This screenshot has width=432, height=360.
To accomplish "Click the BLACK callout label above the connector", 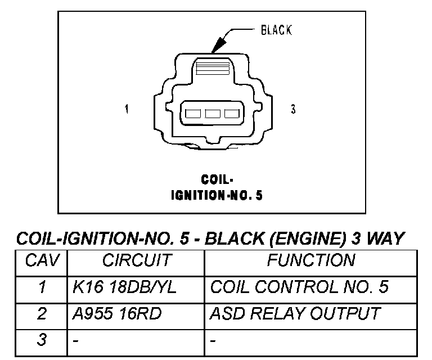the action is click(x=276, y=30).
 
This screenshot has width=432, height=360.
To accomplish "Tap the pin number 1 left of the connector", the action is click(x=127, y=109).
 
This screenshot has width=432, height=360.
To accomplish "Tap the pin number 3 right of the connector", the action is click(x=293, y=109).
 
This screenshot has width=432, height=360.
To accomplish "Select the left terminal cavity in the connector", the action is click(x=193, y=114).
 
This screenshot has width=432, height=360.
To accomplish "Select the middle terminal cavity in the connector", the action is click(x=213, y=114).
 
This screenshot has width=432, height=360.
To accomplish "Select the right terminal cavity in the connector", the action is click(x=232, y=114).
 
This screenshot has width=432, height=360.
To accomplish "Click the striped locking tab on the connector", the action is click(x=213, y=68).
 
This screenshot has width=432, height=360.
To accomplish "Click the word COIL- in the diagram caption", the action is click(x=217, y=179).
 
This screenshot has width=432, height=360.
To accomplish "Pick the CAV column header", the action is click(x=42, y=260).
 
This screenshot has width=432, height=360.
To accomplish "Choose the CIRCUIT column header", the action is click(x=137, y=260).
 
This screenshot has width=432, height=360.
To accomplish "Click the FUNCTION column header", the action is click(x=311, y=260).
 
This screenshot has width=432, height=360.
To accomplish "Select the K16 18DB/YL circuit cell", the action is click(x=124, y=287).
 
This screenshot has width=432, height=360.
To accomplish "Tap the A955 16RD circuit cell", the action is click(x=117, y=314).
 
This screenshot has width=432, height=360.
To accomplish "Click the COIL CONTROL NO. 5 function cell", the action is click(x=299, y=287).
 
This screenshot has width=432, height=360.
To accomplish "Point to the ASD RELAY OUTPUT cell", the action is click(x=295, y=313).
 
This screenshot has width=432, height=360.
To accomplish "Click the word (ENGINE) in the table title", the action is click(x=308, y=238).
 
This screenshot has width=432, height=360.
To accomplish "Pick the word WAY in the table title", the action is click(x=385, y=238).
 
